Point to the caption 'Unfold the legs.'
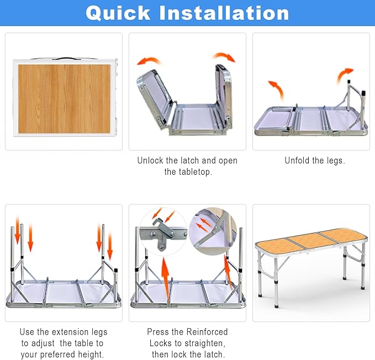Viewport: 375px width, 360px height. coord(314,160)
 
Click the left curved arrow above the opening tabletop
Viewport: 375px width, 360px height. coord(148,61)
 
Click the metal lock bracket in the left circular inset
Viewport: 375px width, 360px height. coord(163,232)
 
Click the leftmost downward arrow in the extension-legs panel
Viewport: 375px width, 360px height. coord(17,235)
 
